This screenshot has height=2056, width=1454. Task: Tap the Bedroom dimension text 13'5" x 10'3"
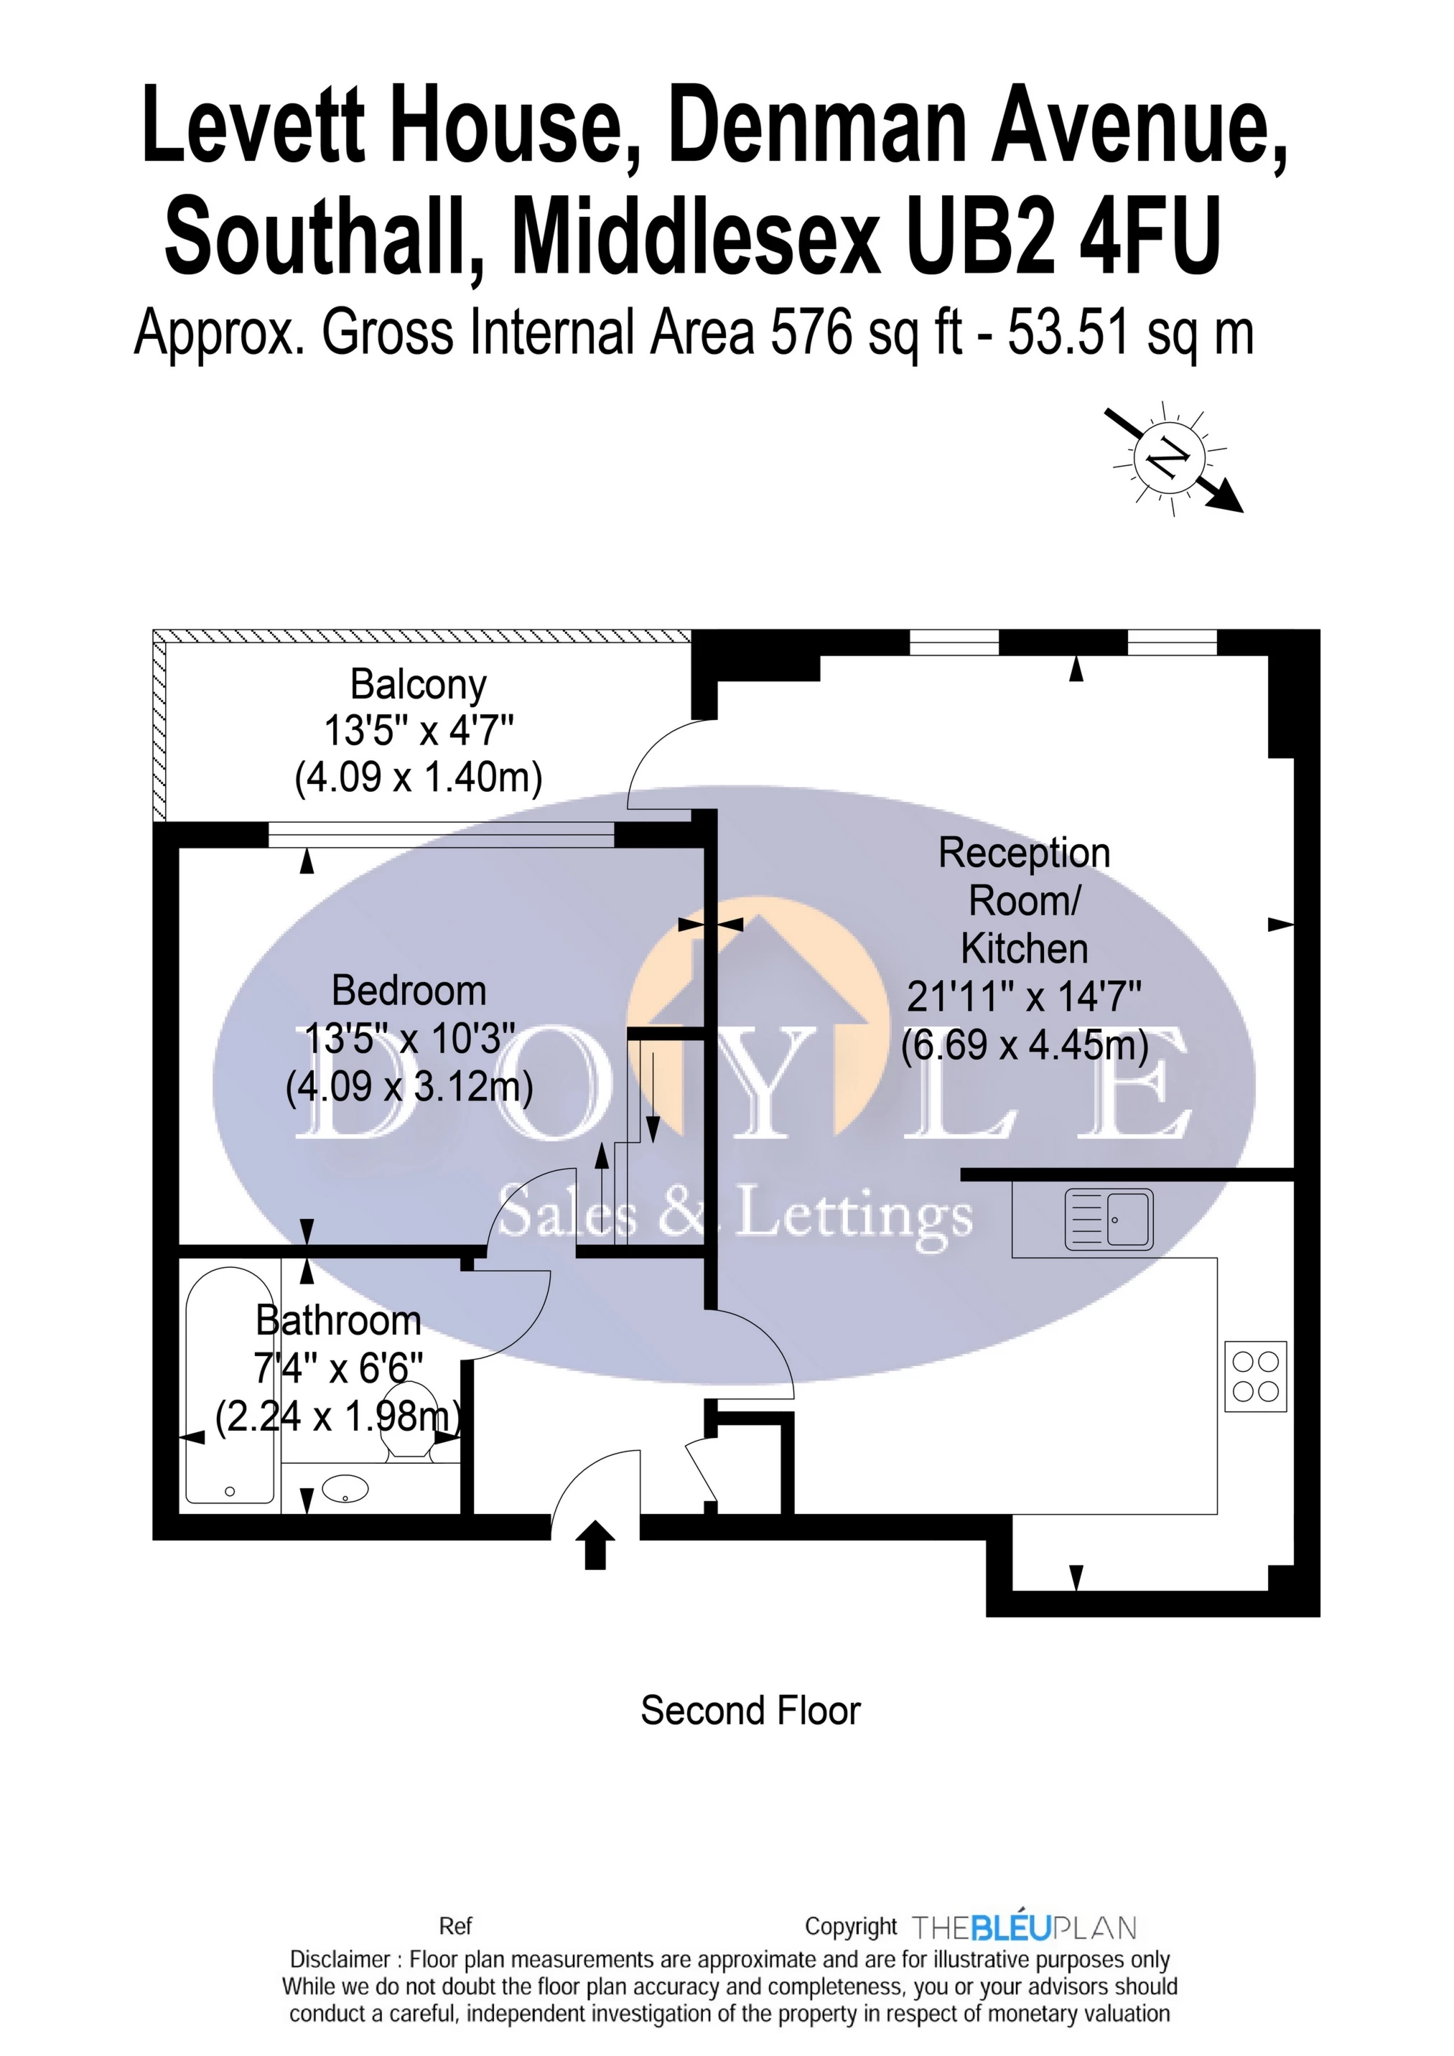409,1039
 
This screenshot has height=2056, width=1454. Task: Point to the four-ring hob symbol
1255,1376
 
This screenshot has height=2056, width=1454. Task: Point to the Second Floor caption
750,1711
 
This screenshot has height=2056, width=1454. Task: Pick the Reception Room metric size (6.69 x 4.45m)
1024,1045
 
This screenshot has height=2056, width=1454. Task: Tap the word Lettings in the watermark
854,1215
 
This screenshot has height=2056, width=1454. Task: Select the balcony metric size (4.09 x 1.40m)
419,777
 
